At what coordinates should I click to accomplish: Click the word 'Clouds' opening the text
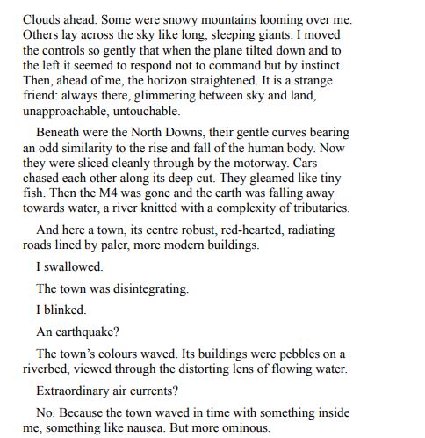coord(42,18)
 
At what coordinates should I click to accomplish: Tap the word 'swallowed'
coord(74,266)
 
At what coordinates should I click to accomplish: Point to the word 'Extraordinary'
coord(76,391)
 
